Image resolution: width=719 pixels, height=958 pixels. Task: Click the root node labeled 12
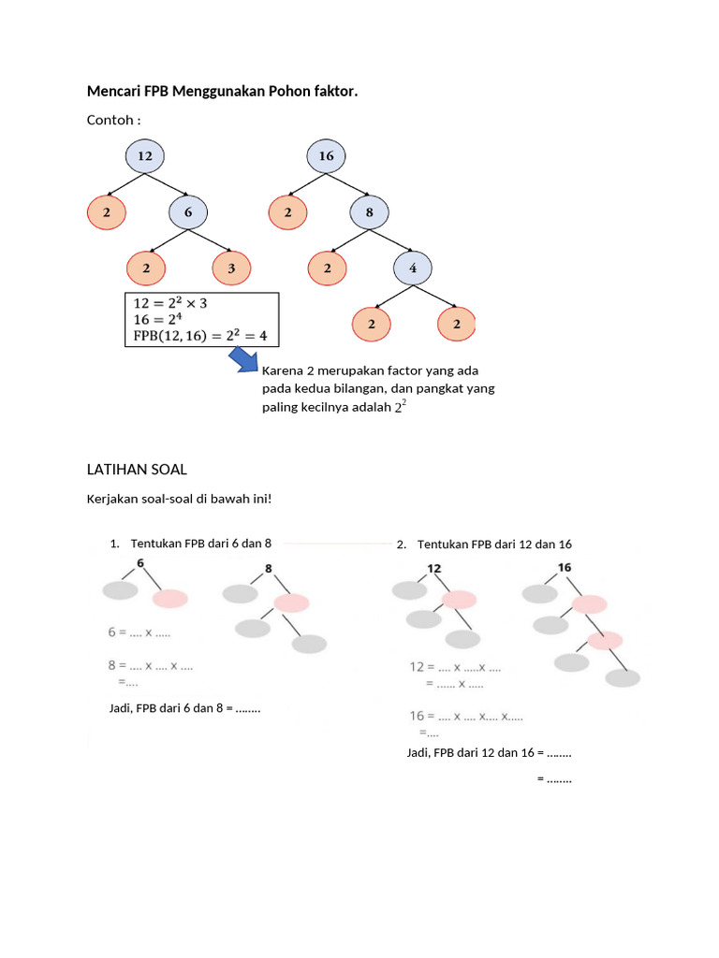click(x=145, y=156)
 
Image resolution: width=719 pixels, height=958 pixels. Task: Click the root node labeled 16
click(x=326, y=156)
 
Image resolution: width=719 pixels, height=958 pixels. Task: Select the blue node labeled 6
click(x=188, y=213)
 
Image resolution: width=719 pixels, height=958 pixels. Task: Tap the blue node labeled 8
click(x=369, y=213)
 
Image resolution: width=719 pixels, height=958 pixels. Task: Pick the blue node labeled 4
click(x=413, y=268)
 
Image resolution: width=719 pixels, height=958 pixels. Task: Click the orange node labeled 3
click(x=231, y=268)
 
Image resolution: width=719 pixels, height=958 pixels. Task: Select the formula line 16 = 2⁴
click(x=160, y=319)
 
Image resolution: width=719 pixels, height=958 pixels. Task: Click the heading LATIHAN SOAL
click(x=137, y=468)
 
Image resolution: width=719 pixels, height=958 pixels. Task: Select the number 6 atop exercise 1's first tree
click(x=140, y=563)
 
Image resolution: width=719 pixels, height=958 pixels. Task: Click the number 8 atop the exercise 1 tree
click(x=268, y=568)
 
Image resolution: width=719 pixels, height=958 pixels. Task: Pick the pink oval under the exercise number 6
click(x=170, y=599)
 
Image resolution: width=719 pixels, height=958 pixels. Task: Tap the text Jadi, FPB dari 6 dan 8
click(x=169, y=708)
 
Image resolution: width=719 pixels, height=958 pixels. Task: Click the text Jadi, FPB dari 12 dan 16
click(x=473, y=752)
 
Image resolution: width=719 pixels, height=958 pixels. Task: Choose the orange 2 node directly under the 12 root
click(x=107, y=213)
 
